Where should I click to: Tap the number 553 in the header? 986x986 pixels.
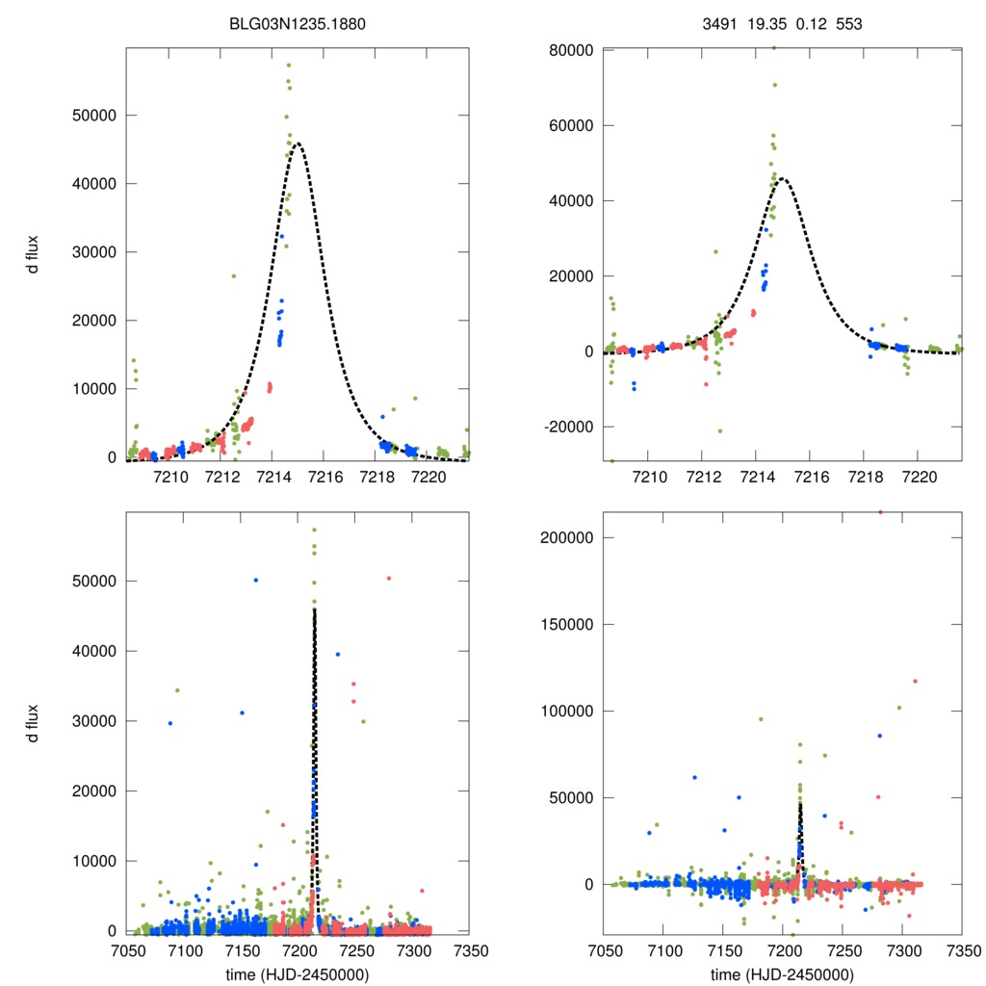click(848, 21)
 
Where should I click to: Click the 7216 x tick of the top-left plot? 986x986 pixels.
click(324, 477)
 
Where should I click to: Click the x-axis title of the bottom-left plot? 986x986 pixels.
click(298, 973)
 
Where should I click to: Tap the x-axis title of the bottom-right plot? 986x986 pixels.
click(782, 973)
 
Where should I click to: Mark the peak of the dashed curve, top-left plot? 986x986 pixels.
click(298, 143)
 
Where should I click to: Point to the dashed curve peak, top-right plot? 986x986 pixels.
click(783, 178)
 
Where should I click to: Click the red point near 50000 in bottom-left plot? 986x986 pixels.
click(388, 578)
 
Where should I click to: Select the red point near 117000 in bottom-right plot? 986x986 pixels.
click(915, 681)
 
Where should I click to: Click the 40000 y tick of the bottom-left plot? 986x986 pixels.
click(91, 651)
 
